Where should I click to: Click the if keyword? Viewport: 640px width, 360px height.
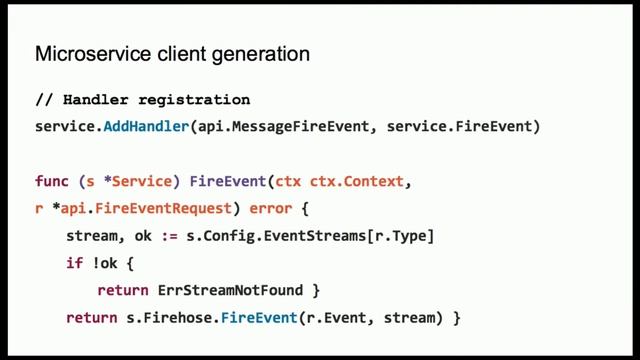(x=74, y=264)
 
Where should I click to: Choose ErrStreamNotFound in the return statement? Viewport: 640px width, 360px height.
(x=229, y=291)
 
